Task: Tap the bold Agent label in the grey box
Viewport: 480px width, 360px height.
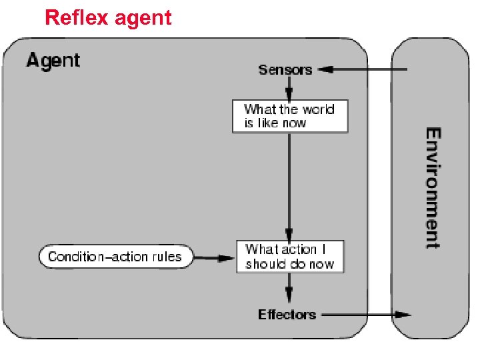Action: (53, 61)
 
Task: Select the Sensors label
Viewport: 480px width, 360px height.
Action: (285, 69)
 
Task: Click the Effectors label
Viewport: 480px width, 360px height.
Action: (287, 314)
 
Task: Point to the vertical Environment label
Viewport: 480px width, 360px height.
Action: (433, 187)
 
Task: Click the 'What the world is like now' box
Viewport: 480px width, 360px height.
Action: (290, 116)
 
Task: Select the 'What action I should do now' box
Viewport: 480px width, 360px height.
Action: (290, 257)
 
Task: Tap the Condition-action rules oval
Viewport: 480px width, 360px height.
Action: (115, 257)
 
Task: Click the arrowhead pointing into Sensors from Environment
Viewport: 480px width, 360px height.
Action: (325, 69)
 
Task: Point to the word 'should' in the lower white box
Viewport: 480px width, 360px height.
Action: (267, 264)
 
